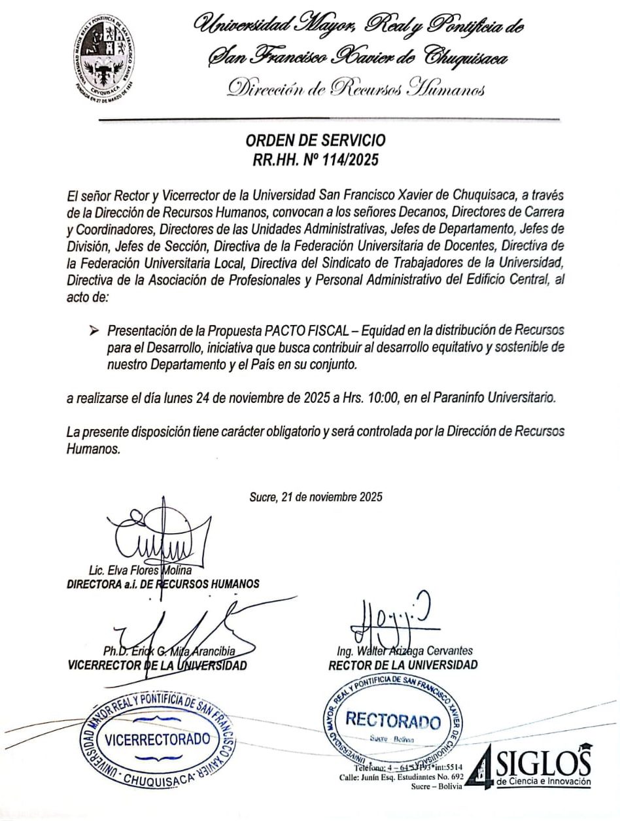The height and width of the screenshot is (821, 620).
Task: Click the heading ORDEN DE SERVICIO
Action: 315,141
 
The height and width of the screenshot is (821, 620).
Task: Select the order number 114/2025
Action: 345,160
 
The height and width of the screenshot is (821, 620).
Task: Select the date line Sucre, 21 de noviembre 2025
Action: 316,497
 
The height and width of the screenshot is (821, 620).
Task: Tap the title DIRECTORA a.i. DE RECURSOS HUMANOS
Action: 163,584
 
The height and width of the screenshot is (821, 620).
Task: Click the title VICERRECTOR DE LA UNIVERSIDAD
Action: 157,666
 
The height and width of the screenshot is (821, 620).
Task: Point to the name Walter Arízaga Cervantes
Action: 404,651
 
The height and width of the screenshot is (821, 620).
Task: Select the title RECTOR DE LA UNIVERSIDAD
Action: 403,665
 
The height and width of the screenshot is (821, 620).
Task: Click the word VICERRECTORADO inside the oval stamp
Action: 158,740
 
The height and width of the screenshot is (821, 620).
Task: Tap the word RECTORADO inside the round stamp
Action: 392,721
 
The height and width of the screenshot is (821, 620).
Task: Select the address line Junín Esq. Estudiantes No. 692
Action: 401,777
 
